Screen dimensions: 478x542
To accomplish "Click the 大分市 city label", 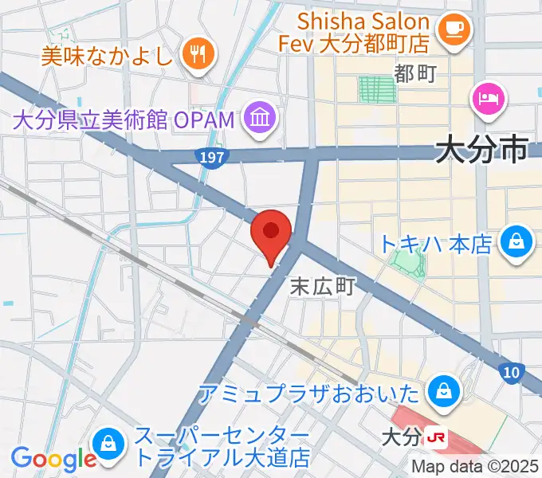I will pyautogui.click(x=481, y=148).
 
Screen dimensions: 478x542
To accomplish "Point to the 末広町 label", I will pyautogui.click(x=321, y=285).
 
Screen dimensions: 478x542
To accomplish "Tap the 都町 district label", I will pyautogui.click(x=415, y=74).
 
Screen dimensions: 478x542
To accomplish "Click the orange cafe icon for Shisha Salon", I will pyautogui.click(x=457, y=28).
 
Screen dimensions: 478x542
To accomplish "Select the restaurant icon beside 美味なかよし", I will pyautogui.click(x=195, y=54).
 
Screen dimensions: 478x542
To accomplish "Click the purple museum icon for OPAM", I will pyautogui.click(x=260, y=120).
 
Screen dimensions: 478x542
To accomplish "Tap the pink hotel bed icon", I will pyautogui.click(x=488, y=99).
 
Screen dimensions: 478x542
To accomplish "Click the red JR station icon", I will pyautogui.click(x=435, y=437).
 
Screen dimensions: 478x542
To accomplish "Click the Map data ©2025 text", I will pyautogui.click(x=475, y=467).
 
